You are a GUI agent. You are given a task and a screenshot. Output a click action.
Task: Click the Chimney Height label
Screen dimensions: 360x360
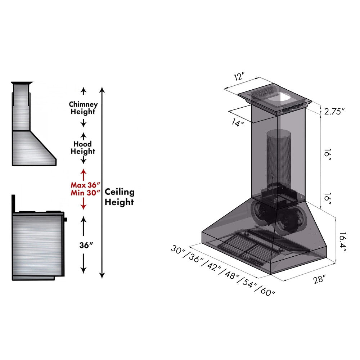pyautogui.click(x=83, y=108)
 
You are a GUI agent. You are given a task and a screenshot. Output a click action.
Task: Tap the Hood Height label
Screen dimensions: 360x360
pyautogui.click(x=83, y=148)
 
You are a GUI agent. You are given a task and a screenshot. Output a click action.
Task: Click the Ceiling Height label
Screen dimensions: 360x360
pyautogui.click(x=119, y=197)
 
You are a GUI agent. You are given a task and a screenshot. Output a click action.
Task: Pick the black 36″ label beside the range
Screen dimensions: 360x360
pyautogui.click(x=86, y=245)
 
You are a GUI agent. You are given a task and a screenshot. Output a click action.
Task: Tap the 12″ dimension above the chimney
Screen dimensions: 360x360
pyautogui.click(x=239, y=77)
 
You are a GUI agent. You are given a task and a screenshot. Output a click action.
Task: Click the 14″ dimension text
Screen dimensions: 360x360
pyautogui.click(x=238, y=123)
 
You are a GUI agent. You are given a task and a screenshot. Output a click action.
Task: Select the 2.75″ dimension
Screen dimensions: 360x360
pyautogui.click(x=334, y=111)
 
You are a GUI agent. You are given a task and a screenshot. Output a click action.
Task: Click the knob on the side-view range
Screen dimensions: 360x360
pyautogui.click(x=66, y=219)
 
